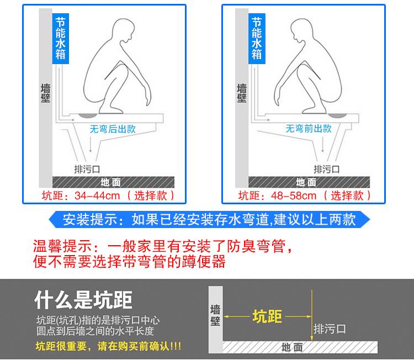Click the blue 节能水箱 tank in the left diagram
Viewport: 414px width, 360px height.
[x=61, y=39]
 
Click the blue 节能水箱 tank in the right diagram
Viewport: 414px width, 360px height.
[x=257, y=39]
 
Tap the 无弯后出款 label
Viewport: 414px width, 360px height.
[x=113, y=129]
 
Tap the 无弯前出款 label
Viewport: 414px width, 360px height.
[x=309, y=129]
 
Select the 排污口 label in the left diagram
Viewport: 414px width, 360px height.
[x=87, y=170]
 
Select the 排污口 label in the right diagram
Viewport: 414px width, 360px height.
[x=327, y=170]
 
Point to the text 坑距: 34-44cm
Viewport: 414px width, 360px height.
[x=81, y=195]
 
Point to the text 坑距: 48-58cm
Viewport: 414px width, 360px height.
[x=277, y=195]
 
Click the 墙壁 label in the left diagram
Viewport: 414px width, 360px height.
[x=45, y=93]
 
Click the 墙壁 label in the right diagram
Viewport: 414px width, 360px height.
[x=242, y=93]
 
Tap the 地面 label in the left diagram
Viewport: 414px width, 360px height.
[x=111, y=182]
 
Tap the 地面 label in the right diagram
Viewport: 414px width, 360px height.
[x=306, y=182]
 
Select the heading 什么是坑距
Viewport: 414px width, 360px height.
[x=83, y=300]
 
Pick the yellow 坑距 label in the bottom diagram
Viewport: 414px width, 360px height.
[x=267, y=316]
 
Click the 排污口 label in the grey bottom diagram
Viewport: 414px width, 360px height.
[x=330, y=329]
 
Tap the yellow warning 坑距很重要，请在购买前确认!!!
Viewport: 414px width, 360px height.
[x=108, y=346]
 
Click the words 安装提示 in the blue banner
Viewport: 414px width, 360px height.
[x=90, y=220]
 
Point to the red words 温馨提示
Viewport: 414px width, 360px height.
[x=62, y=246]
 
